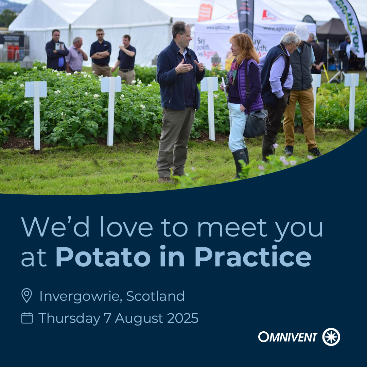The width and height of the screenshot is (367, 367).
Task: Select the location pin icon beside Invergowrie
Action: click(27, 295)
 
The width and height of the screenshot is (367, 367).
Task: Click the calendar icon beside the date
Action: click(27, 318)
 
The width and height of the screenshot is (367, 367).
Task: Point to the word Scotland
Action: click(155, 296)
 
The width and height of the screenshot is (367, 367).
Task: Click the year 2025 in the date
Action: click(182, 318)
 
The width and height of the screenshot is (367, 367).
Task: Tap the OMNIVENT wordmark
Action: click(287, 337)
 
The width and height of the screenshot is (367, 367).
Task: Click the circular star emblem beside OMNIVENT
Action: click(331, 337)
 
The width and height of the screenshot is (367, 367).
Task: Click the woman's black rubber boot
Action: click(239, 161)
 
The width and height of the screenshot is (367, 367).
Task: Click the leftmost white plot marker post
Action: click(36, 112)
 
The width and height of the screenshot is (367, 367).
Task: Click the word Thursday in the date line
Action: click(69, 318)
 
